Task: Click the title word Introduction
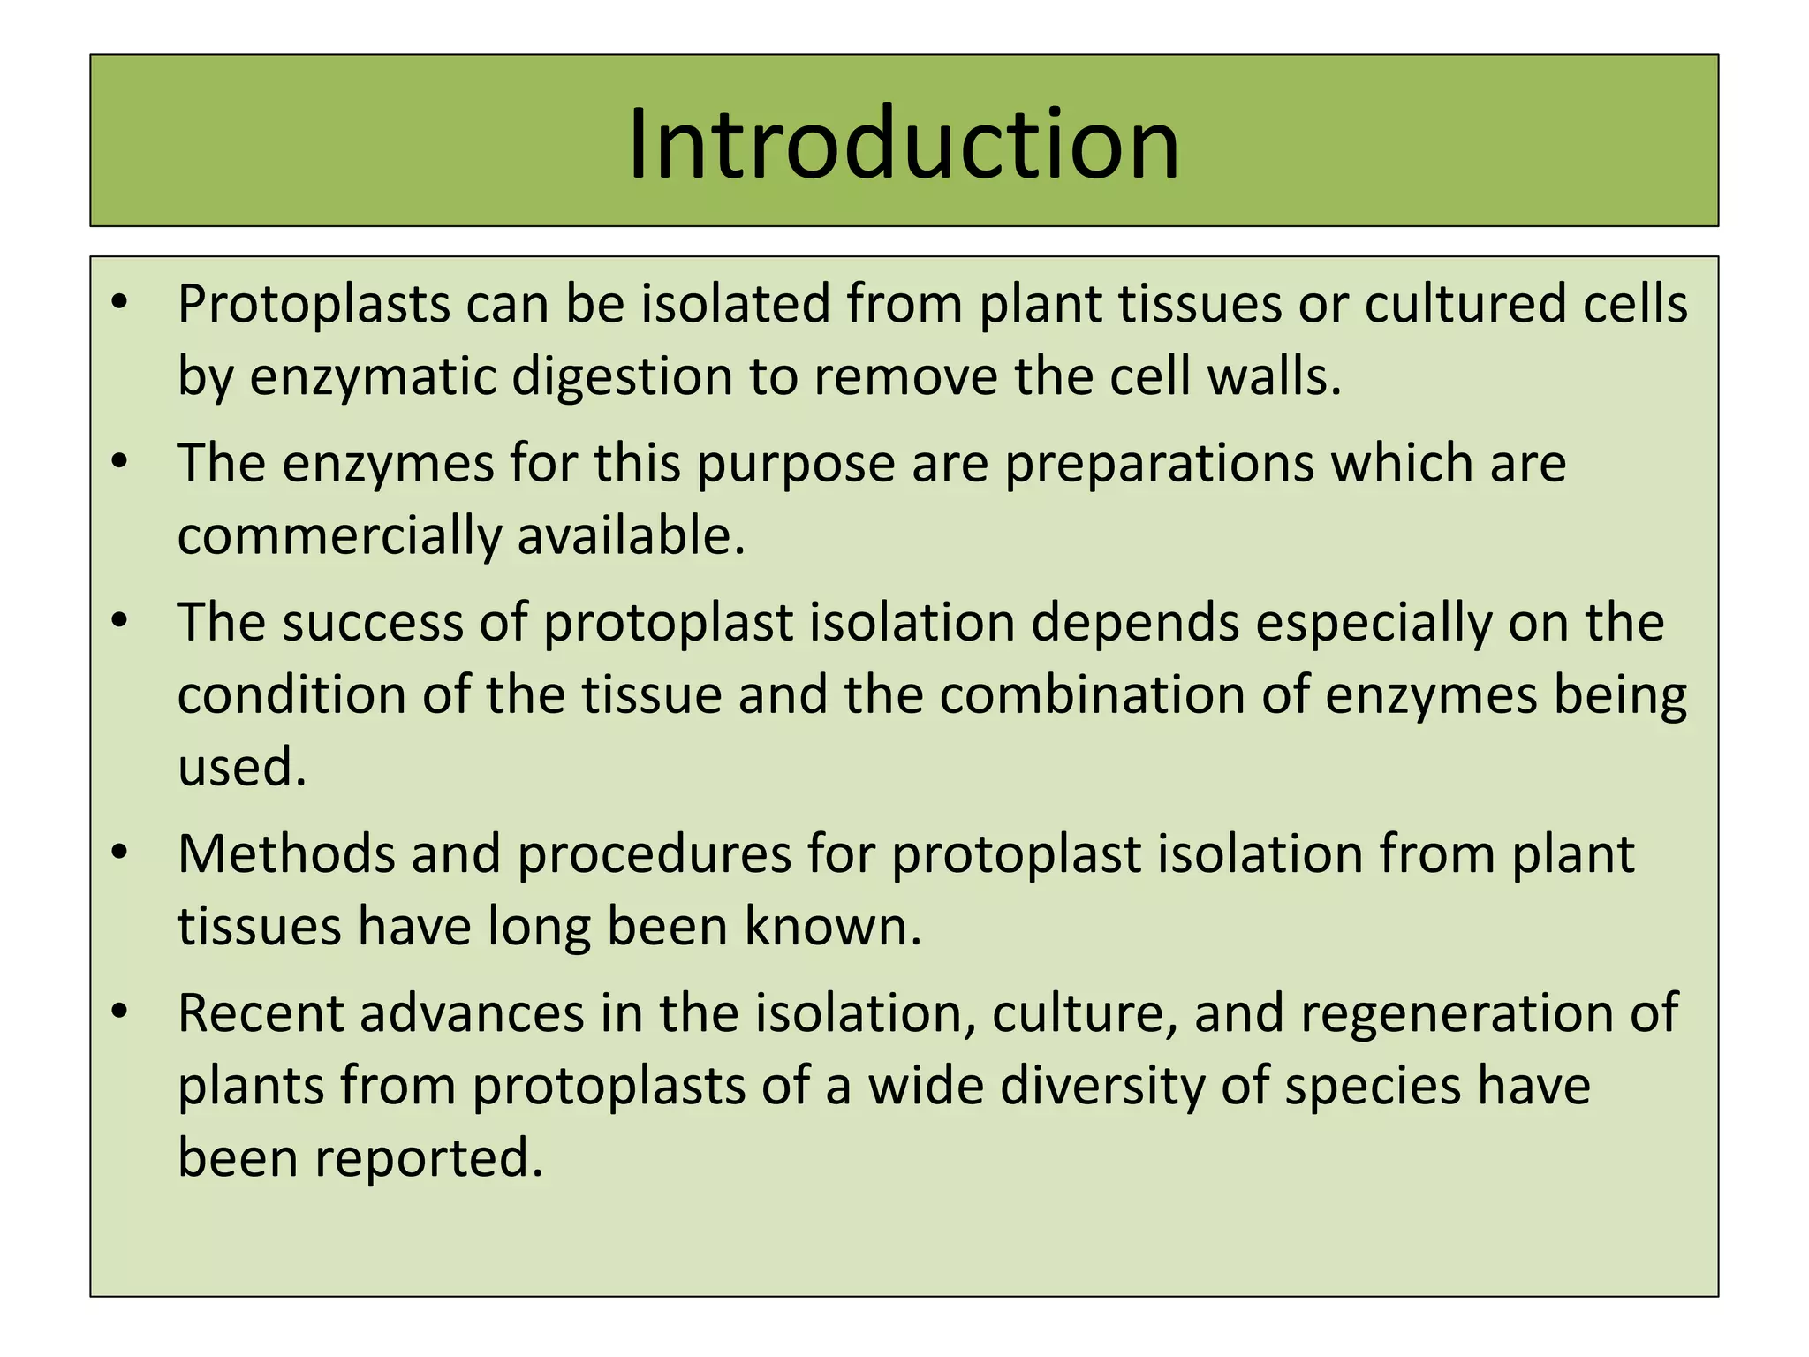coord(903,143)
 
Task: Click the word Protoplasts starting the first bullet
coord(314,305)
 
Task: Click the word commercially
coord(338,536)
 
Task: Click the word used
coord(241,767)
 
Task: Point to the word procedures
coord(654,856)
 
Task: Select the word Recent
coord(260,1013)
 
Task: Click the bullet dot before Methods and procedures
coord(121,853)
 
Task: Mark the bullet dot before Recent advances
coord(121,1011)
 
